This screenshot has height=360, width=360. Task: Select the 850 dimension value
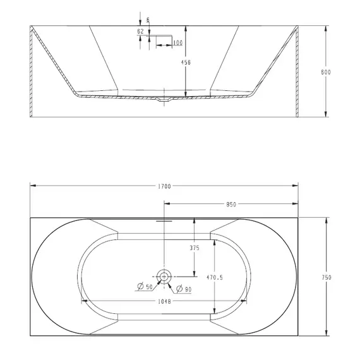231,204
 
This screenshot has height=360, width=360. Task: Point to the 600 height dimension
327,73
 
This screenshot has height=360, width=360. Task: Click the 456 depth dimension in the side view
186,63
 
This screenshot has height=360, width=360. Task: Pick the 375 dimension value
195,248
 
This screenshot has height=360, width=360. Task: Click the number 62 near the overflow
141,31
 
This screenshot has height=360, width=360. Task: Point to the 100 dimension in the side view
177,42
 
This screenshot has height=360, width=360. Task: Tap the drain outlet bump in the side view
164,99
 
